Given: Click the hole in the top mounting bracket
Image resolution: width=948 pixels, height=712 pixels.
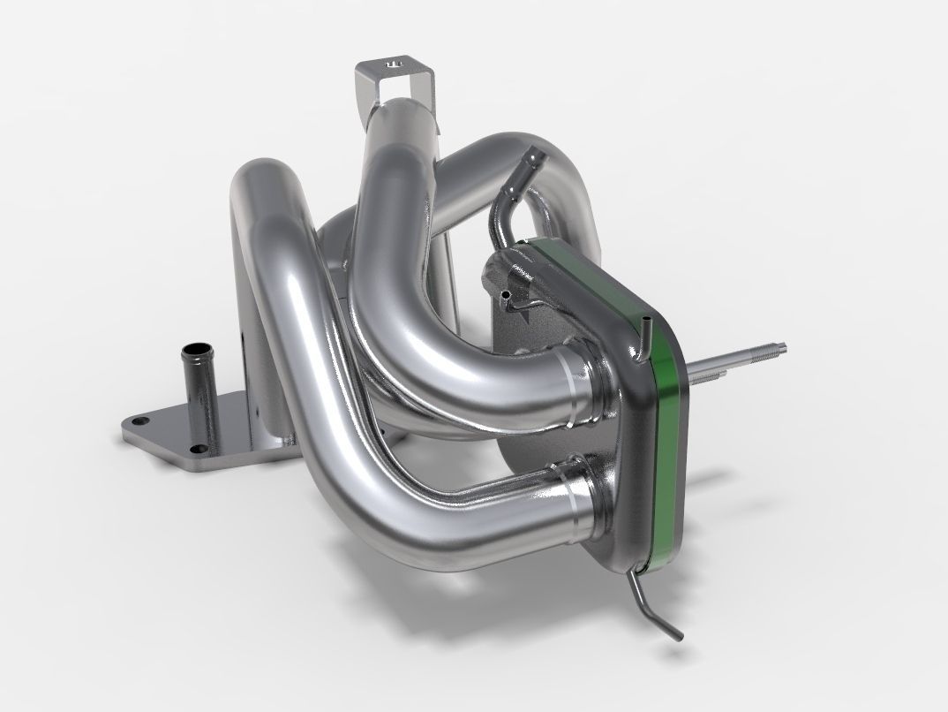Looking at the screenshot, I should (x=393, y=64).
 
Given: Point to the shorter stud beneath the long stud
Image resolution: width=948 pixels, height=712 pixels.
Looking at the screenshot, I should (x=711, y=376).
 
